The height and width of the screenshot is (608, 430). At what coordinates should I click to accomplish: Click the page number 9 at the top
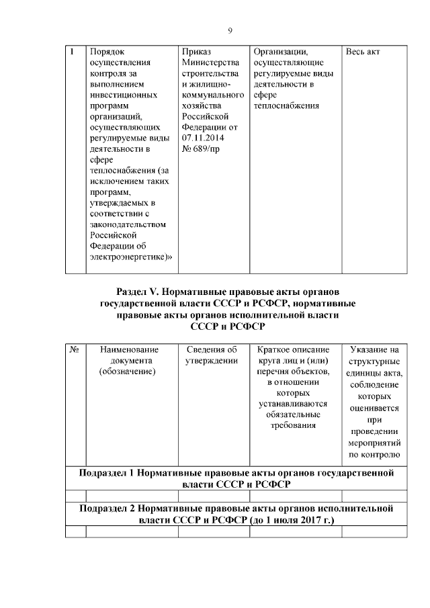(230, 31)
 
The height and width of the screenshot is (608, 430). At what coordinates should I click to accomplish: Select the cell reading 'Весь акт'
(363, 51)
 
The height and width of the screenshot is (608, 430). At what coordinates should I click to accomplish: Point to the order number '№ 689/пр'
(201, 148)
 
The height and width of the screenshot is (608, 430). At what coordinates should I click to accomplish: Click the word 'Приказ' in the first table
(196, 51)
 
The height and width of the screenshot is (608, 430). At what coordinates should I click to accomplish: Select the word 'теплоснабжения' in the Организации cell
(286, 105)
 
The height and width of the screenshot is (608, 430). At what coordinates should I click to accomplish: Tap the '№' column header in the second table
(75, 349)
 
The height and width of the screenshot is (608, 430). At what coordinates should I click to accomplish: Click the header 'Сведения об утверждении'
(212, 355)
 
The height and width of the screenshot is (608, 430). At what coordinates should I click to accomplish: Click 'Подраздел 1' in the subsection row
(107, 473)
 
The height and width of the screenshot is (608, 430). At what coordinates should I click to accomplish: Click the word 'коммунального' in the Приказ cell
(212, 95)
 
